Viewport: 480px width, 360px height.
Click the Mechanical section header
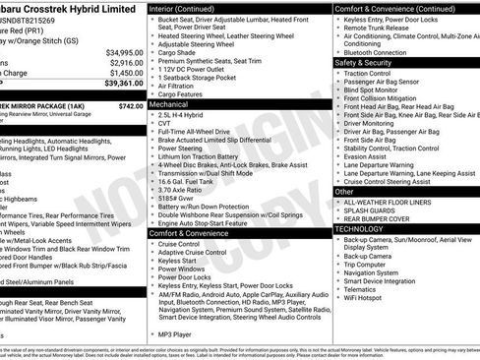click(168, 102)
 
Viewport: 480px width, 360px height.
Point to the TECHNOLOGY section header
click(360, 228)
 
